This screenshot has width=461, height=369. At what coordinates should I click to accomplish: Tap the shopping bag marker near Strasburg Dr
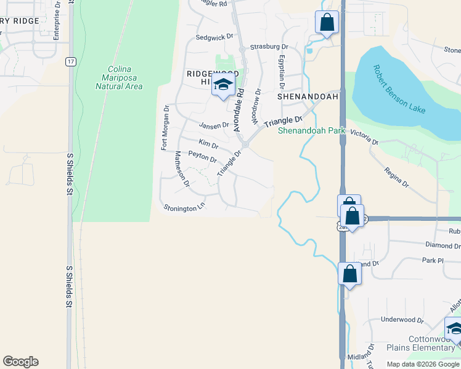pyautogui.click(x=327, y=23)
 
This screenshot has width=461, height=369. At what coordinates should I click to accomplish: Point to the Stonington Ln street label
pyautogui.click(x=184, y=208)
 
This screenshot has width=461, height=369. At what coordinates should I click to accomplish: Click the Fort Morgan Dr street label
pyautogui.click(x=165, y=127)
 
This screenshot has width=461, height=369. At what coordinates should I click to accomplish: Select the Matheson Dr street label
pyautogui.click(x=181, y=169)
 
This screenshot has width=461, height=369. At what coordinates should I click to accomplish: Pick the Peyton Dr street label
pyautogui.click(x=202, y=157)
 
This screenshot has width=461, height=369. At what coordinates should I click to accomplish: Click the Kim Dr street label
pyautogui.click(x=208, y=145)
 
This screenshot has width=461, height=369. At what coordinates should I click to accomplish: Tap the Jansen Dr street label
pyautogui.click(x=213, y=125)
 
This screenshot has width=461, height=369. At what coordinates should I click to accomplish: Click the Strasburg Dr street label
pyautogui.click(x=269, y=47)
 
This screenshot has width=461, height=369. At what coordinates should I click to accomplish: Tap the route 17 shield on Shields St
pyautogui.click(x=72, y=61)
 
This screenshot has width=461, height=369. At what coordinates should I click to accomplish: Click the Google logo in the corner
pyautogui.click(x=20, y=362)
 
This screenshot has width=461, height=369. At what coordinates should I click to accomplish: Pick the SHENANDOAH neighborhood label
pyautogui.click(x=308, y=97)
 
